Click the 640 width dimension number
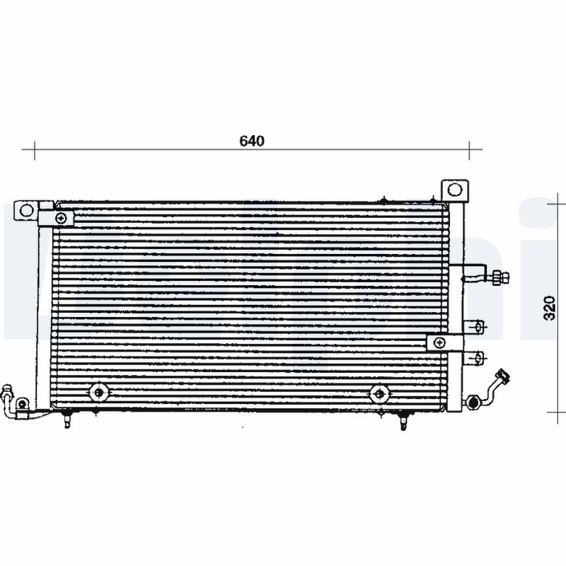pyautogui.click(x=251, y=141)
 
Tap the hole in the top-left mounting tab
pyautogui.click(x=26, y=210)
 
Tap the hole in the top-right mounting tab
pyautogui.click(x=454, y=190)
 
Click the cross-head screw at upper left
pyautogui.click(x=63, y=218)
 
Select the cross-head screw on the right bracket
pyautogui.click(x=439, y=343)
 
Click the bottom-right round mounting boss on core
pyautogui.click(x=379, y=393)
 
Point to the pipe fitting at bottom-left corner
pyautogui.click(x=8, y=393)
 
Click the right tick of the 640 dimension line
pyautogui.click(x=470, y=149)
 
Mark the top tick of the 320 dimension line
pyautogui.click(x=555, y=201)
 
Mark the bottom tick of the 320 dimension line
pyautogui.click(x=555, y=412)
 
